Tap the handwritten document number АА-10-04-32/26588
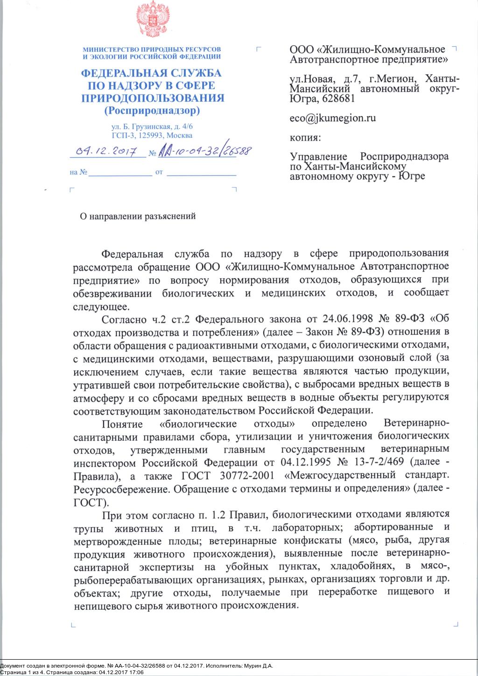pyautogui.click(x=205, y=150)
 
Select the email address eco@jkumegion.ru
pyautogui.click(x=333, y=118)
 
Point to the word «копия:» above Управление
pyautogui.click(x=305, y=138)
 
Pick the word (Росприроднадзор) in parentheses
pyautogui.click(x=152, y=111)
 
